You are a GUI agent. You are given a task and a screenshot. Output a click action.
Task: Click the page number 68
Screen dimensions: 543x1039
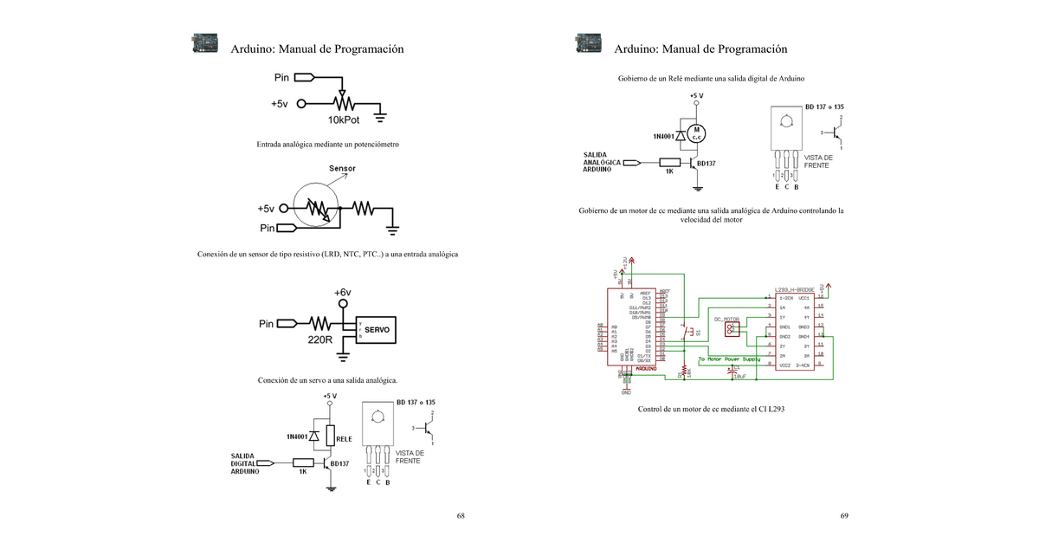[461, 516]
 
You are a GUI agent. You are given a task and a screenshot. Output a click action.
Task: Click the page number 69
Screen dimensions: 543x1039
[844, 516]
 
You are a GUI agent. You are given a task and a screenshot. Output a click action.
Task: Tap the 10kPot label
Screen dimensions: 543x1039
[344, 120]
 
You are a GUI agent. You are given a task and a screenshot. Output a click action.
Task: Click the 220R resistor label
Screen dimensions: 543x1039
[320, 340]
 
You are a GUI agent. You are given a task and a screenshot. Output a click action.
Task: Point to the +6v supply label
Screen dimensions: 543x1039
[343, 293]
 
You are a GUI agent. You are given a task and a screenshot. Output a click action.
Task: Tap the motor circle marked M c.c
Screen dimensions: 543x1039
[697, 133]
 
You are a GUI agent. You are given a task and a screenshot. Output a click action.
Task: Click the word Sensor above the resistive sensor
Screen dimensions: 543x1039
[342, 168]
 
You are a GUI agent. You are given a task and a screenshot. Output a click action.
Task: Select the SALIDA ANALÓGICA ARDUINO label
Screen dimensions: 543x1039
[601, 162]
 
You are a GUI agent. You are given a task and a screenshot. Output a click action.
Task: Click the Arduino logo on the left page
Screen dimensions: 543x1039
[205, 44]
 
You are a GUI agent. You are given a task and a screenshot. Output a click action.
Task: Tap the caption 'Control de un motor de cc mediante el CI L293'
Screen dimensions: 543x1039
[711, 409]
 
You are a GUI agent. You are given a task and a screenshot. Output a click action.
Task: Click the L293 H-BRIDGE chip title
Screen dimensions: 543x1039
[799, 289]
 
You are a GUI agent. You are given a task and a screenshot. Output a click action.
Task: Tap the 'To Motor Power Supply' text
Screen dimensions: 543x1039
[729, 359]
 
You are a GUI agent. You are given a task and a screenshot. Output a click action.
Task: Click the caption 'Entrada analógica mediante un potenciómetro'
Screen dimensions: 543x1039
[327, 144]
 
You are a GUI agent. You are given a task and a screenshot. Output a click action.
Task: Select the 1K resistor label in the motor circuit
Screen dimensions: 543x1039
[669, 171]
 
